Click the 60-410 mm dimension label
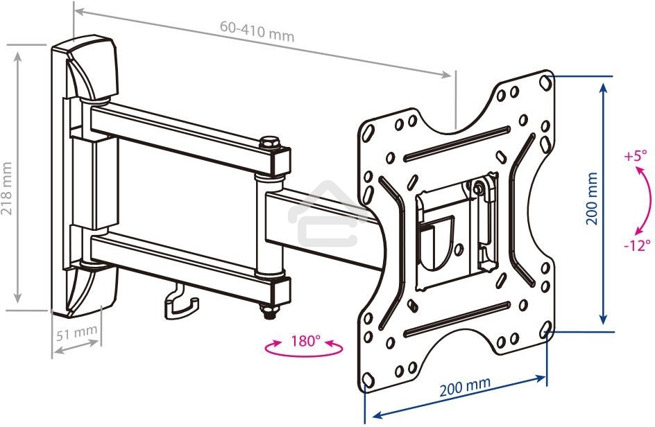point(257,31)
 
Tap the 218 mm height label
point(8,189)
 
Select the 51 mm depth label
point(76,332)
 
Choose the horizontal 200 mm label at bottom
point(465,385)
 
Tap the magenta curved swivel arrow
point(303,351)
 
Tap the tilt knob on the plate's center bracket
point(478,187)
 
